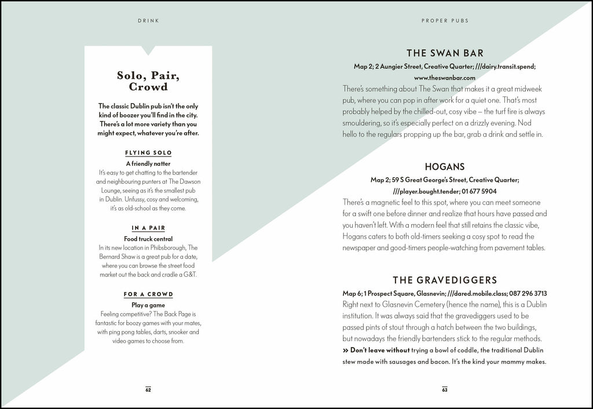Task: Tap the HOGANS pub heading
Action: (445, 167)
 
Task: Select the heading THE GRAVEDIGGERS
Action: (445, 280)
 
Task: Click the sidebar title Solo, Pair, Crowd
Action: (148, 81)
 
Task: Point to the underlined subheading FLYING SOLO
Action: (148, 153)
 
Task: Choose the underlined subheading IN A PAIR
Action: (148, 228)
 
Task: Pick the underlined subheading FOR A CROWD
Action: (148, 294)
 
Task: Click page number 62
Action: (148, 389)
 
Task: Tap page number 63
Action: (445, 389)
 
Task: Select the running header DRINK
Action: (148, 21)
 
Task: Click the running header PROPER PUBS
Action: (445, 21)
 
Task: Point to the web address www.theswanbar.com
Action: (445, 78)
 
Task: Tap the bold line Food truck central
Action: (148, 239)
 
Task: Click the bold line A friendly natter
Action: (148, 164)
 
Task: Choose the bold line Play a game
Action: (148, 305)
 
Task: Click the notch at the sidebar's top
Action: (148, 50)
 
